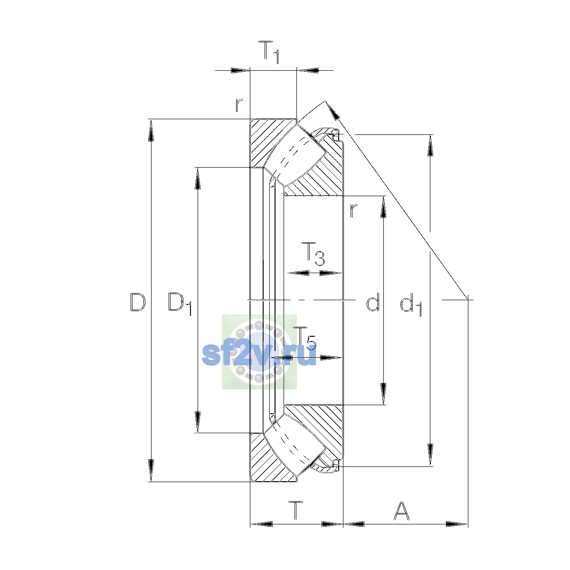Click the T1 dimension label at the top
(269, 52)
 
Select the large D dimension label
(138, 302)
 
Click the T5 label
(304, 338)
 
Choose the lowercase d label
(373, 302)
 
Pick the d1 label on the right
(411, 304)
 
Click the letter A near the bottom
(402, 511)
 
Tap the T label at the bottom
(295, 510)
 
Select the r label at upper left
(239, 105)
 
